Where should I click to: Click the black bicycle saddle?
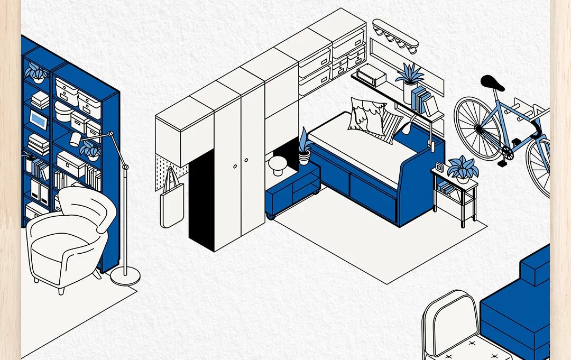click(x=492, y=83)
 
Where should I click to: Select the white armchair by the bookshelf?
click(x=69, y=238)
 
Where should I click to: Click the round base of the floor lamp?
click(x=125, y=275)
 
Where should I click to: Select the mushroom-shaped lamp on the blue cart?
click(x=277, y=165)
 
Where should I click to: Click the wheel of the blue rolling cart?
click(x=271, y=216)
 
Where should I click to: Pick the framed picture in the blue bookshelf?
click(x=38, y=119)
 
